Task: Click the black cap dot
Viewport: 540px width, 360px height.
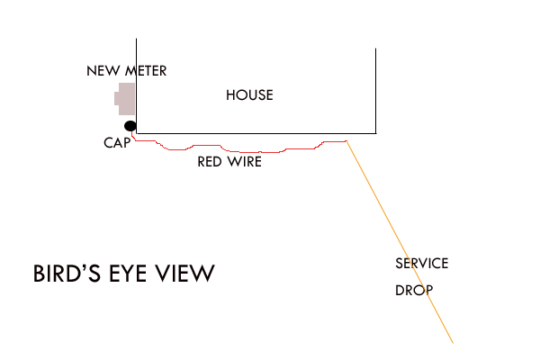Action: (130, 126)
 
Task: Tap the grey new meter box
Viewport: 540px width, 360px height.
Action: (125, 99)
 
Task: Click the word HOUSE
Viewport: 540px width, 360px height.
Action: (249, 95)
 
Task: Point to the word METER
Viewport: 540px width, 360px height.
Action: (146, 71)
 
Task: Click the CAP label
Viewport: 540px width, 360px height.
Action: (117, 142)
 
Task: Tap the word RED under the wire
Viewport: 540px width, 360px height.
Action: (210, 162)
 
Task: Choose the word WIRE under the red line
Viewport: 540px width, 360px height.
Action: (244, 162)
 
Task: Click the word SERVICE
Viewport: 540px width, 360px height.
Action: (422, 264)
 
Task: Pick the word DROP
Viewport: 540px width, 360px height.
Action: (414, 291)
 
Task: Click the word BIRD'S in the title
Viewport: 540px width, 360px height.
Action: (67, 274)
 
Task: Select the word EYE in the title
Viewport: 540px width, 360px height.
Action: (128, 274)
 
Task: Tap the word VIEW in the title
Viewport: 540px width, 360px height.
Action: (184, 274)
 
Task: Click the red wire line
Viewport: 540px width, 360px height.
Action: (240, 152)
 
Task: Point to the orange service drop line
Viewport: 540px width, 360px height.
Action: (400, 242)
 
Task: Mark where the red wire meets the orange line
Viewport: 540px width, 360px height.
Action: (346, 141)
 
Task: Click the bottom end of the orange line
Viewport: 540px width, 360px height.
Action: (453, 343)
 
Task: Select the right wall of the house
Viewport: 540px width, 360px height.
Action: (375, 91)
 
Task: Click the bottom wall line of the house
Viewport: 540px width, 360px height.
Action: (256, 133)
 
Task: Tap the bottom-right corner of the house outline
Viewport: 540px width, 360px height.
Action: (375, 133)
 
